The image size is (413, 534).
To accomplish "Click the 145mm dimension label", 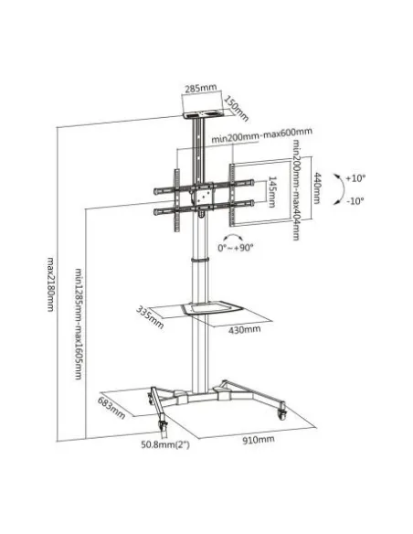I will point(273,194).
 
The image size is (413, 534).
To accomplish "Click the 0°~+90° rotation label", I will point(238,248).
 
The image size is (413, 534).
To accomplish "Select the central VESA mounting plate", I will point(199,195).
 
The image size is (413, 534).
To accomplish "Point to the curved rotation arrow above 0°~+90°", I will point(234,233).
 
